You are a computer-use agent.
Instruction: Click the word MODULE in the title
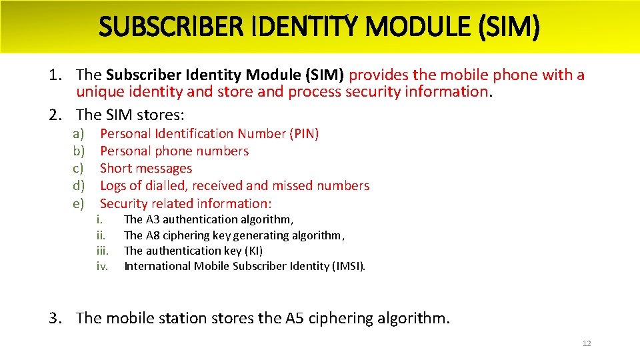[406, 27]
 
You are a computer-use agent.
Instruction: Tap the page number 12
[587, 343]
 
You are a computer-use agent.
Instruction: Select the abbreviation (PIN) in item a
[304, 134]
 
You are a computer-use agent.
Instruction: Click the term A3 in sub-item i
[153, 219]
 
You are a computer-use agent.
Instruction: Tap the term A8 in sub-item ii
[153, 235]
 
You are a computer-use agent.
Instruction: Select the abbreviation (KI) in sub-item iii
[253, 251]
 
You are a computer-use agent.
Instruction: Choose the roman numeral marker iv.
[102, 267]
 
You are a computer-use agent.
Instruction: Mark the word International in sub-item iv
[157, 267]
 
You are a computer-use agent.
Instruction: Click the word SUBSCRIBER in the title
[175, 27]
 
